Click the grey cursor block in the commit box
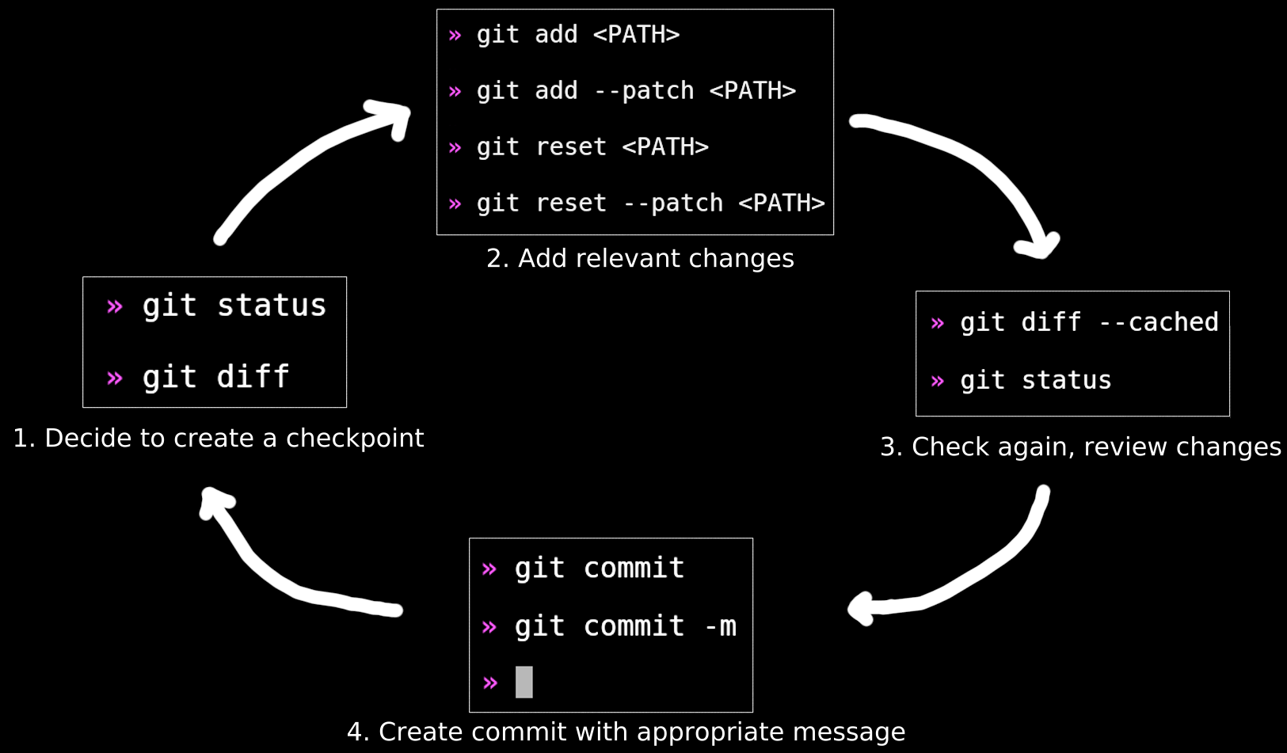point(524,682)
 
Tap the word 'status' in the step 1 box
point(271,306)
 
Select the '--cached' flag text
point(1158,322)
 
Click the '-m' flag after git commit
point(720,626)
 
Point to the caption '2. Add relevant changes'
point(640,258)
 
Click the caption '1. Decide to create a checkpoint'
point(219,438)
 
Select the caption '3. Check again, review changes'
point(1080,447)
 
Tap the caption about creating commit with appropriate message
point(626,732)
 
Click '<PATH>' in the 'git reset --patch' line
point(781,203)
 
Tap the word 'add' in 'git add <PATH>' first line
point(556,35)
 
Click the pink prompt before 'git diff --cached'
point(938,323)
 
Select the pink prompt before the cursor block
point(490,683)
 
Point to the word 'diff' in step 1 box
point(253,377)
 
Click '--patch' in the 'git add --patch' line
point(643,91)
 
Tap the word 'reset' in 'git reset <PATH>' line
point(570,147)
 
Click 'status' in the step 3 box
point(1066,380)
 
